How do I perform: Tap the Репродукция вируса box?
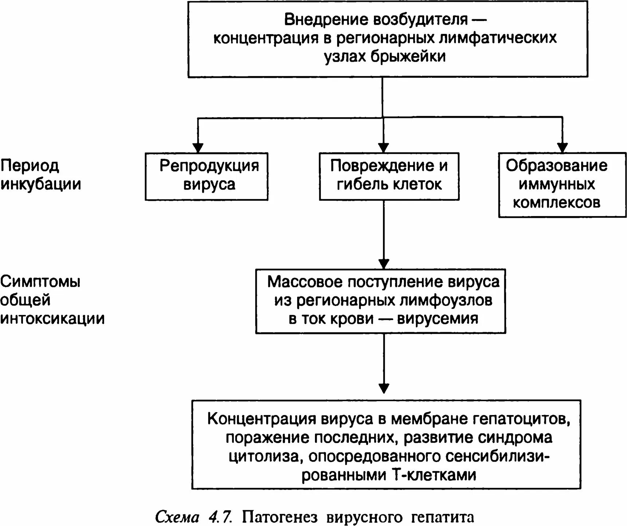pos(207,176)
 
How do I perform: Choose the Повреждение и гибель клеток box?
pos(389,176)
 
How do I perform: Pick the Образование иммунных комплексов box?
pos(562,185)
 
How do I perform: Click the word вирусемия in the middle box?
pos(437,319)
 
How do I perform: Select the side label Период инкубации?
pos(40,175)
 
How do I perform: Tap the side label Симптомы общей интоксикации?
pos(52,300)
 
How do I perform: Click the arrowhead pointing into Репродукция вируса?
pos(198,148)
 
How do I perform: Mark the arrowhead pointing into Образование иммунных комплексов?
pos(563,148)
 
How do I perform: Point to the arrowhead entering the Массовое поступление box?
pos(384,264)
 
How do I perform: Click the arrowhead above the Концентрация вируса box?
pos(384,388)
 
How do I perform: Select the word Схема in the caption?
pos(177,517)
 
